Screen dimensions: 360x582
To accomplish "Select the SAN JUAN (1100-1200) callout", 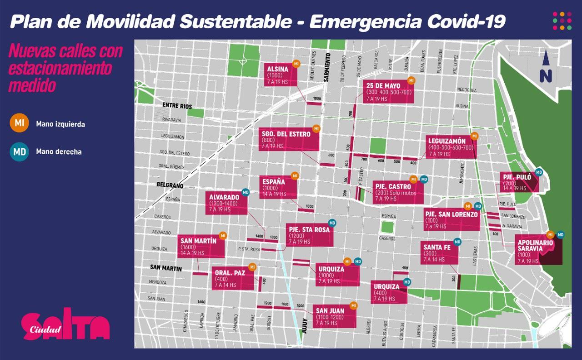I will tap(335, 317).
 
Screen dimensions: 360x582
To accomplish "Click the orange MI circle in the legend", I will tap(20, 123).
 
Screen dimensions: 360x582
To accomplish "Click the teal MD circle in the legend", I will tap(20, 151).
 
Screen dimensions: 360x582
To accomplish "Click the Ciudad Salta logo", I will tap(65, 325).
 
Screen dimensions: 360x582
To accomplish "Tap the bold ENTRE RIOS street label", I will tap(177, 106).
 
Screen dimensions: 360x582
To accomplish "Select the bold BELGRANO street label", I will tap(169, 185).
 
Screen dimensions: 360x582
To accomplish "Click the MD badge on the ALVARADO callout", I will tap(246, 192).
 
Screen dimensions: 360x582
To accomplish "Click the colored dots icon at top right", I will tap(562, 21).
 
